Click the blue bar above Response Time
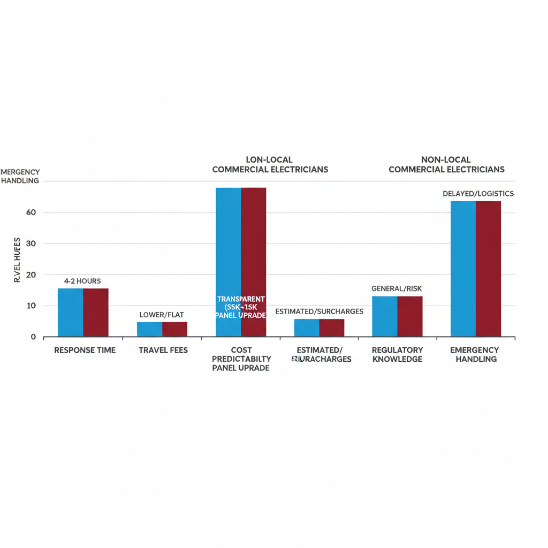pos(70,313)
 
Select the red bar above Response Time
pos(96,313)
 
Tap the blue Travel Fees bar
pos(149,329)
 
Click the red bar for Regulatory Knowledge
pos(410,316)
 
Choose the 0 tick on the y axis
pos(33,337)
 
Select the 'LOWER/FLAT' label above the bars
pos(162,315)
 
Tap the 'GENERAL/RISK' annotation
pos(397,289)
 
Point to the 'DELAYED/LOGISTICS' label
pos(478,194)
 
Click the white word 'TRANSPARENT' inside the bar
pos(241,299)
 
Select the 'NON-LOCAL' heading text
pos(446,159)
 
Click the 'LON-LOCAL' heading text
pos(269,159)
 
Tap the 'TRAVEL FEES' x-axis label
pos(163,350)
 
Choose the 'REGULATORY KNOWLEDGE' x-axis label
pos(397,354)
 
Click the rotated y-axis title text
pos(17,260)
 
